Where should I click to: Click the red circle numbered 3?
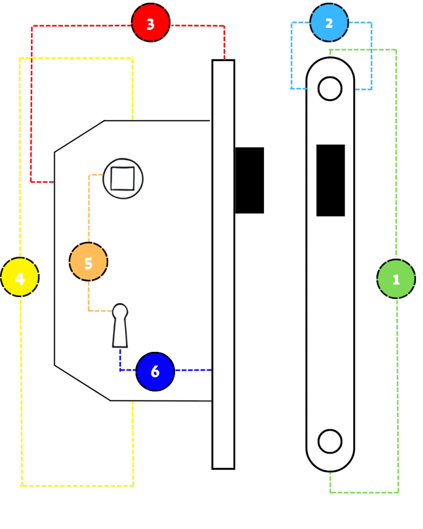click(150, 23)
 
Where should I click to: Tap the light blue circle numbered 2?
click(329, 23)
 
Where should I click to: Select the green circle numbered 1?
click(396, 278)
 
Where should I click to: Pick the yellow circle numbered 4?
click(20, 277)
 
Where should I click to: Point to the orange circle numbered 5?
click(88, 261)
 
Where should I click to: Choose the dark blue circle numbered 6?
click(155, 371)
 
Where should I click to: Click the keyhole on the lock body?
click(120, 325)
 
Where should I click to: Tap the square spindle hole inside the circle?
click(122, 178)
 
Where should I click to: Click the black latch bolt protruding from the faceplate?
click(249, 180)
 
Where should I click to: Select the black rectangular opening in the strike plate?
click(331, 180)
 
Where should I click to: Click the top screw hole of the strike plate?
click(330, 89)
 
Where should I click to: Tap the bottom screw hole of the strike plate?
click(330, 441)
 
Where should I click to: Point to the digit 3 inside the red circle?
click(150, 24)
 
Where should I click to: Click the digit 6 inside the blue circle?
click(155, 371)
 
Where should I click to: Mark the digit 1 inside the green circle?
click(396, 279)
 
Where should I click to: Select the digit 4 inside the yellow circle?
click(20, 278)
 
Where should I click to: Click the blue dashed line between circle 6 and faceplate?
click(193, 370)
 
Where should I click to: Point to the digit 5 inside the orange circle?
click(88, 263)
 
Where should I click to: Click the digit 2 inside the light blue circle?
click(329, 23)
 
